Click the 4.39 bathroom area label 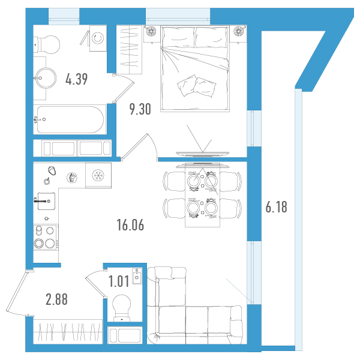click(76, 79)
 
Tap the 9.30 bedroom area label click(140, 109)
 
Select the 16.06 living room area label click(130, 225)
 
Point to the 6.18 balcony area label click(276, 207)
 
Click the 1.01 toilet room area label click(119, 281)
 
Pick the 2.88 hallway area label click(57, 299)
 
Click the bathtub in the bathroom click(70, 119)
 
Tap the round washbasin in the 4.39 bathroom click(46, 78)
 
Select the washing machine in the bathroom click(98, 38)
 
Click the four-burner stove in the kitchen click(46, 237)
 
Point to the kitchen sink click(46, 201)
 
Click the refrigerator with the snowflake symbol click(98, 175)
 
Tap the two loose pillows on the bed click(197, 86)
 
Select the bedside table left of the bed click(152, 34)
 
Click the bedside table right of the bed click(238, 34)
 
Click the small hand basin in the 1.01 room click(137, 276)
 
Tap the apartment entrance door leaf click(17, 291)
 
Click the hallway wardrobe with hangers click(68, 332)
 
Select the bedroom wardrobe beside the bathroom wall click(129, 50)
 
